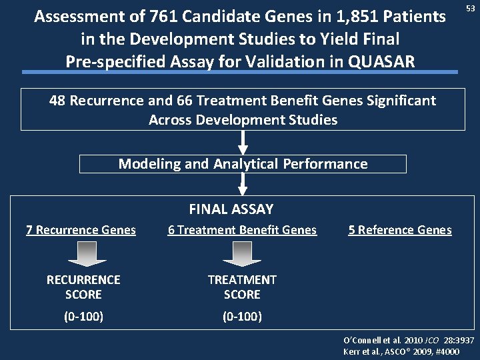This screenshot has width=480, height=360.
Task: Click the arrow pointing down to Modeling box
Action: click(x=243, y=142)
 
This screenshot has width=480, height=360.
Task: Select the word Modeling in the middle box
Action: click(x=147, y=163)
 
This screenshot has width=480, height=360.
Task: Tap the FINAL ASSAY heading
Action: click(x=231, y=209)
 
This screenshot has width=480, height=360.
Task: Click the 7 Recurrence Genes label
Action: click(x=81, y=230)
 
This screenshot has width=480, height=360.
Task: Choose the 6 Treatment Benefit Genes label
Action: click(x=242, y=230)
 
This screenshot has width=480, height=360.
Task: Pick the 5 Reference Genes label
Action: click(x=400, y=230)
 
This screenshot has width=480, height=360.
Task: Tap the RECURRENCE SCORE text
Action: click(x=83, y=287)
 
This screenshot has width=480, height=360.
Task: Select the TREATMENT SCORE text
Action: click(x=242, y=287)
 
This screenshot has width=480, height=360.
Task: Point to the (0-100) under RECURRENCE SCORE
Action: click(x=83, y=315)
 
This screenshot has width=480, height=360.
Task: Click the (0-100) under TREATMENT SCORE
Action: click(x=242, y=315)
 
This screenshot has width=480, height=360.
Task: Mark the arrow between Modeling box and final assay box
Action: click(x=243, y=183)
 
